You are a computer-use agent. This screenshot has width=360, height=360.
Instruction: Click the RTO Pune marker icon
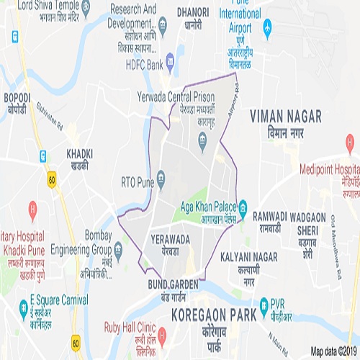pos(161,176)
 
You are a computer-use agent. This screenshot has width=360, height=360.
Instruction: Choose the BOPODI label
pos(18,97)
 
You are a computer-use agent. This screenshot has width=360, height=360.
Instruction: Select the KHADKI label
pos(80,153)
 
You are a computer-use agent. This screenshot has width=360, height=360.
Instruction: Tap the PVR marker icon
pos(264,303)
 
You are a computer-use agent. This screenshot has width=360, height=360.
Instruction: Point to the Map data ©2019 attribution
pos(334,351)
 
